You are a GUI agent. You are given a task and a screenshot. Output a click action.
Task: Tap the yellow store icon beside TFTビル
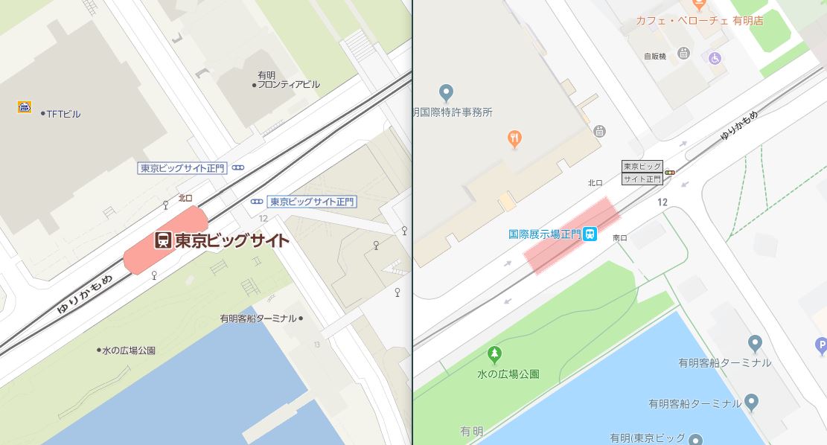click(x=25, y=107)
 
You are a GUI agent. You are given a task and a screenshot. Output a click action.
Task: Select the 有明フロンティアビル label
click(x=288, y=80)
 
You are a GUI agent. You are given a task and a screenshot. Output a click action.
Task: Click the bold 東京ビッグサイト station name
click(x=231, y=240)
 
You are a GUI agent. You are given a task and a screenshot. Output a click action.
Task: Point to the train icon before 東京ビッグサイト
click(x=163, y=240)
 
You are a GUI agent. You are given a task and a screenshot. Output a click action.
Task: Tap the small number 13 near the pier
click(x=317, y=344)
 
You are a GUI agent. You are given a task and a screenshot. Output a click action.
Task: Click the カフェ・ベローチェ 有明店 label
click(x=699, y=21)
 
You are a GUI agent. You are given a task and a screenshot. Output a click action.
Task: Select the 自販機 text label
click(x=655, y=56)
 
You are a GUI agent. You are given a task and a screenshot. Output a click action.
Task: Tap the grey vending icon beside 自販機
click(x=684, y=53)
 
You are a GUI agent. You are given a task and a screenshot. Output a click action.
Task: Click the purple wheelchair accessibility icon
click(x=715, y=57)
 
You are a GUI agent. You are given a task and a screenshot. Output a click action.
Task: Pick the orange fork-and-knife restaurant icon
click(x=514, y=138)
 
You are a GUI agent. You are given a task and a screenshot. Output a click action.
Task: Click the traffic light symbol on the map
click(x=671, y=173)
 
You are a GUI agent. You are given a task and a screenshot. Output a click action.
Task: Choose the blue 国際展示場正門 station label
click(x=544, y=234)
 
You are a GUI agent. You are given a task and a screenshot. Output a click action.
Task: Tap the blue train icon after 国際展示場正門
click(x=590, y=234)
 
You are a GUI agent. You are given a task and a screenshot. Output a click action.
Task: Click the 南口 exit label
click(x=619, y=238)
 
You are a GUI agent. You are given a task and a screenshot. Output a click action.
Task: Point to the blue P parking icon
click(x=821, y=345)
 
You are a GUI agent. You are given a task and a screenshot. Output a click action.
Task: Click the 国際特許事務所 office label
click(x=454, y=112)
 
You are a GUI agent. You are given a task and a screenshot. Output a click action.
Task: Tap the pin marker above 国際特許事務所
click(x=446, y=93)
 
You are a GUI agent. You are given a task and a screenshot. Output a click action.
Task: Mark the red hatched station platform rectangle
click(x=572, y=236)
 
